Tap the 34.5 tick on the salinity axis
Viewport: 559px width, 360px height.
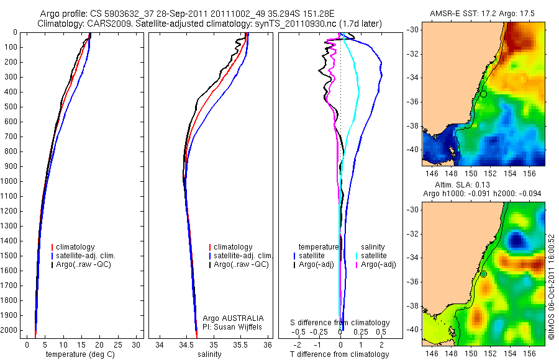tap(186, 344)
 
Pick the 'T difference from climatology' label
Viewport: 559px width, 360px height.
tap(340, 354)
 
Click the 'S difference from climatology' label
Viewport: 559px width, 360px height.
tap(340, 323)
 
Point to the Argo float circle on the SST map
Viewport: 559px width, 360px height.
tap(483, 94)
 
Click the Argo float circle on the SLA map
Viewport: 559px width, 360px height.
tap(483, 274)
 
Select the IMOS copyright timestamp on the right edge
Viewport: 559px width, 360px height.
tap(551, 287)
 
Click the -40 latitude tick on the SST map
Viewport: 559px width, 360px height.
tap(414, 149)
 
